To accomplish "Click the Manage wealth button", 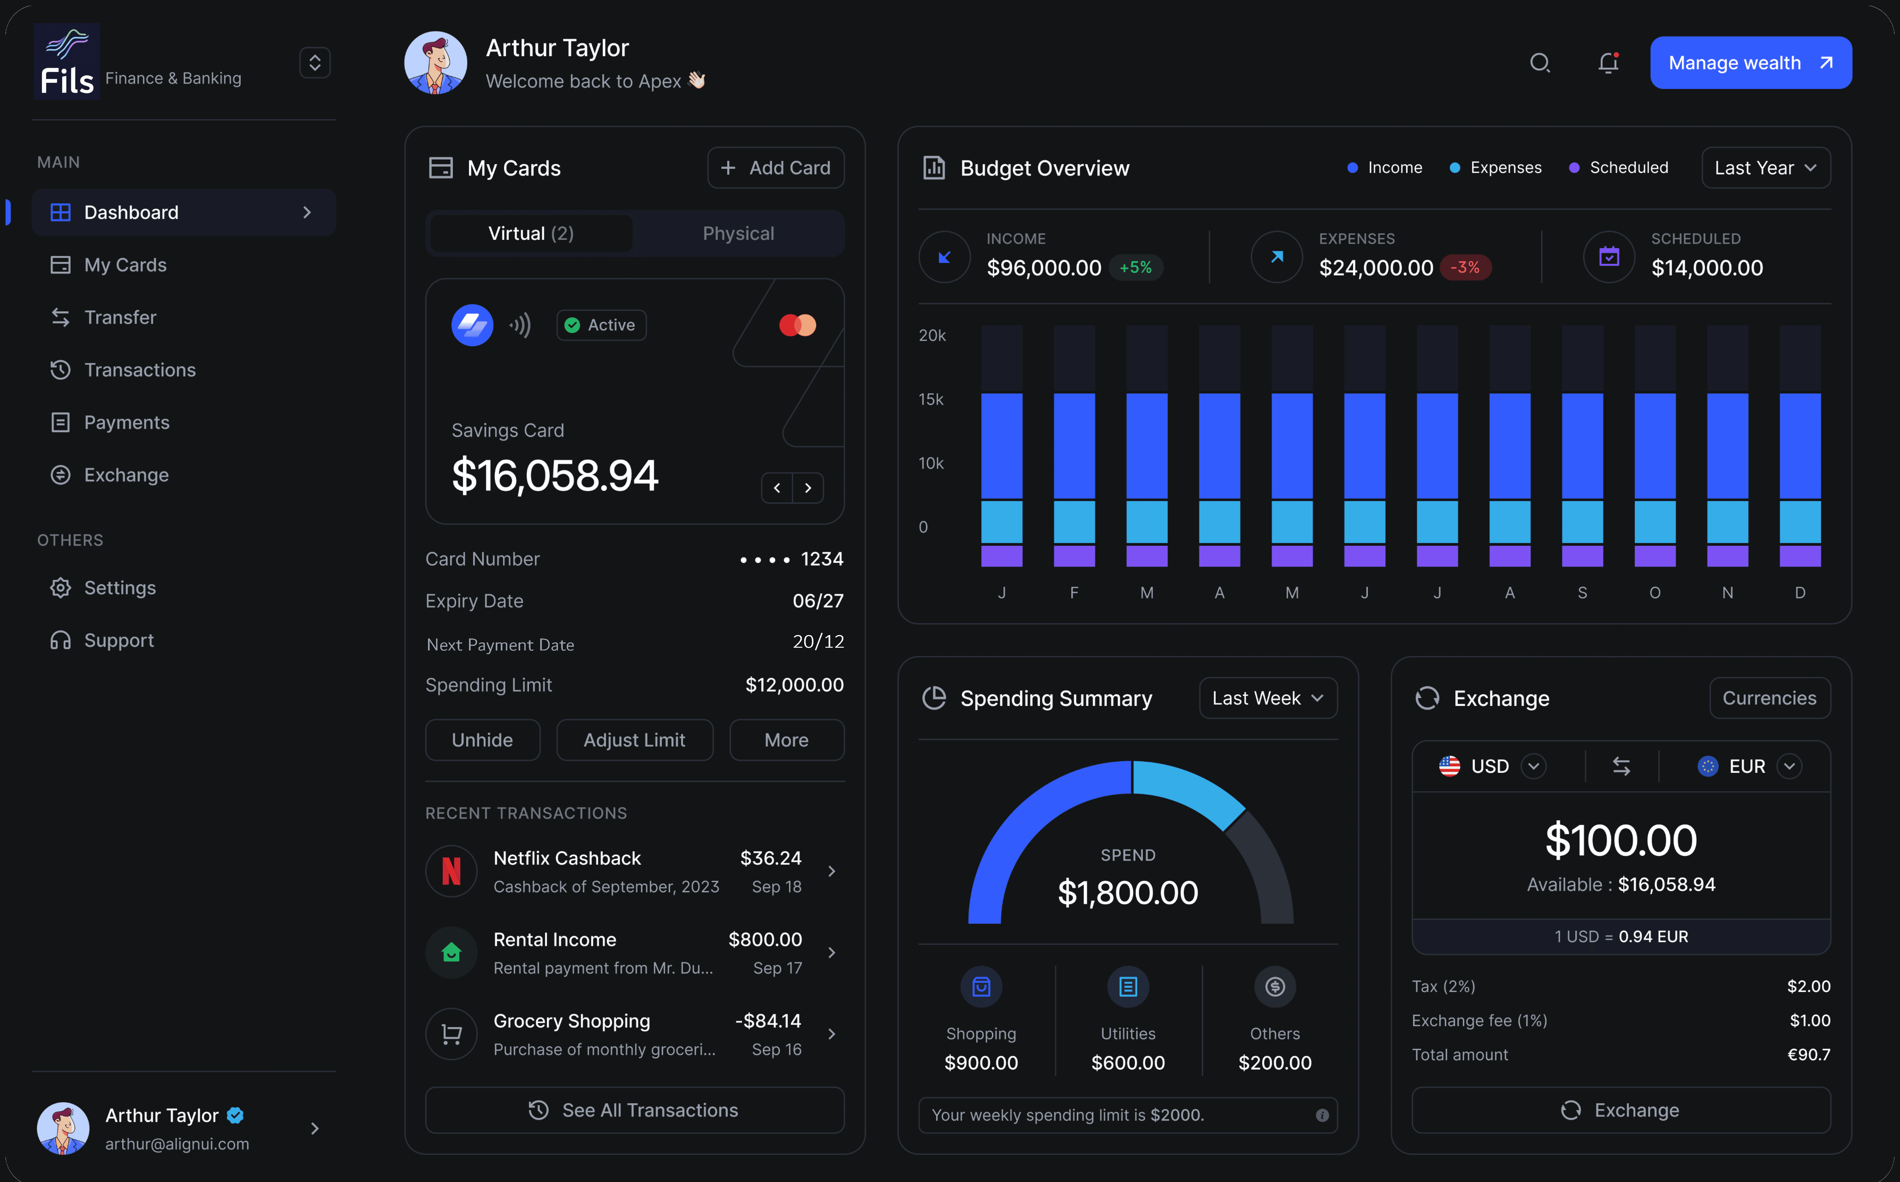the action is click(1750, 62).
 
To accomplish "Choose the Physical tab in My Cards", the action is click(738, 233).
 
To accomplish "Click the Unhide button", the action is click(482, 739).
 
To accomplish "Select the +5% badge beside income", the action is click(1135, 267).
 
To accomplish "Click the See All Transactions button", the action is click(634, 1110).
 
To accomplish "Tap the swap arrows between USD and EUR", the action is click(1621, 766).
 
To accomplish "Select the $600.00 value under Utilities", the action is click(1127, 1062).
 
